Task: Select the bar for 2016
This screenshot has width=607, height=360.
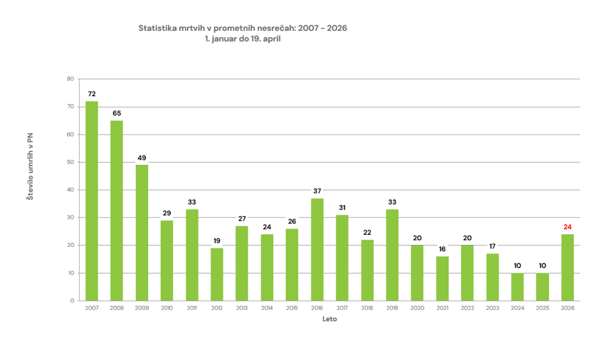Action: (x=317, y=249)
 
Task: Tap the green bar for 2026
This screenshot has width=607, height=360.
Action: (x=567, y=267)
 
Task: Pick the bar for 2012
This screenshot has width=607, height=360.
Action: (x=217, y=274)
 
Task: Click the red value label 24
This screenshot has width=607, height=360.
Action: (x=567, y=227)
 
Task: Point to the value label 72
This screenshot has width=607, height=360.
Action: (x=92, y=94)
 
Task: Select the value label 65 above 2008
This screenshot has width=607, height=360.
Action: (x=117, y=113)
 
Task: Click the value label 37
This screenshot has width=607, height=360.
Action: (x=317, y=191)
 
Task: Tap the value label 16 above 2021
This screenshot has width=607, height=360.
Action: (x=442, y=249)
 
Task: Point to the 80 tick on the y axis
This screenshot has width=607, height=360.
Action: (x=70, y=79)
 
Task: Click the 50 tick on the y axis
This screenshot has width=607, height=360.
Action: (x=70, y=162)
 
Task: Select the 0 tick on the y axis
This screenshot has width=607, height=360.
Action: (x=72, y=301)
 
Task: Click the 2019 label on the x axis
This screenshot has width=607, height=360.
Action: (x=392, y=308)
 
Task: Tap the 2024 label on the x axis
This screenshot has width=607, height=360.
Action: (x=517, y=308)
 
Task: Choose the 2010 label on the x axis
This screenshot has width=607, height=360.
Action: (x=167, y=308)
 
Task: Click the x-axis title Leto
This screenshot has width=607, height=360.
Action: (x=330, y=319)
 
